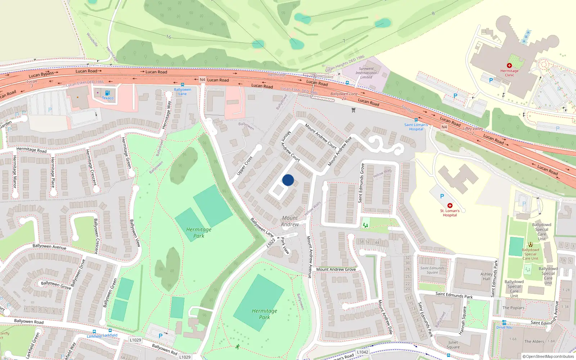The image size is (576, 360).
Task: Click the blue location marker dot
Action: tap(288, 180)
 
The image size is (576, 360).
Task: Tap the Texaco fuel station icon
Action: tap(107, 93)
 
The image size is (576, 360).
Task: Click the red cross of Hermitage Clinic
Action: tap(509, 66)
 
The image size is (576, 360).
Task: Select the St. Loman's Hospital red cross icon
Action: tap(450, 205)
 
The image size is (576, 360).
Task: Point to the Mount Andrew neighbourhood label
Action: tap(290, 221)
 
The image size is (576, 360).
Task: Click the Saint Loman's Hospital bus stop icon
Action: tap(416, 120)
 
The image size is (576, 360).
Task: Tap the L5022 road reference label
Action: tap(271, 243)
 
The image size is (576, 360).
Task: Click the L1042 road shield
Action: tap(363, 352)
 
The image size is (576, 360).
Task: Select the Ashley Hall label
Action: tap(486, 276)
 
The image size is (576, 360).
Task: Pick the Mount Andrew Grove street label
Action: tap(336, 269)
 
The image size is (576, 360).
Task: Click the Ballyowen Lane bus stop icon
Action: tap(183, 85)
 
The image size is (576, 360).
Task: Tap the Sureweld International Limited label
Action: tap(366, 73)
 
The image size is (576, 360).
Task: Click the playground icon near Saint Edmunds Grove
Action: tap(365, 225)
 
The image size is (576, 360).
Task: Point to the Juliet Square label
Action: tap(453, 345)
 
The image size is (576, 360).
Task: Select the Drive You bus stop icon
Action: tap(504, 323)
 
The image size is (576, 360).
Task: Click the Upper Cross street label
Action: tap(244, 166)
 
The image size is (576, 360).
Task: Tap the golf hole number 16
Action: tap(168, 37)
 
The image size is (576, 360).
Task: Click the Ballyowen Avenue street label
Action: tap(49, 247)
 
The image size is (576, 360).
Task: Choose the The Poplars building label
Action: tap(513, 308)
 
